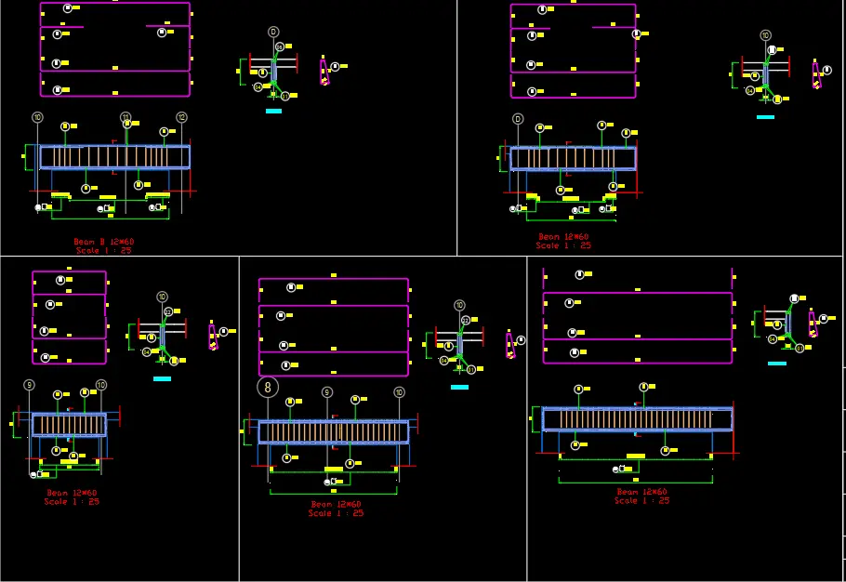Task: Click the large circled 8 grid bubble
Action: tap(269, 387)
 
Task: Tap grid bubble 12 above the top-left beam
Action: tap(181, 117)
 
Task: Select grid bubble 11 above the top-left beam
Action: tap(126, 117)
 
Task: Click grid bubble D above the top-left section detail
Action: tap(273, 32)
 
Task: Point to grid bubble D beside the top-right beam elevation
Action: tap(518, 119)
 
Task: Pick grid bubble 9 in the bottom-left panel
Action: tap(29, 385)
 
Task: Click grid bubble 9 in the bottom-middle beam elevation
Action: tap(326, 392)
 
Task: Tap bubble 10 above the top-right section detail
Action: tap(765, 35)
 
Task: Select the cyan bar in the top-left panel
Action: tap(273, 111)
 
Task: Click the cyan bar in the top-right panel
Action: tap(765, 117)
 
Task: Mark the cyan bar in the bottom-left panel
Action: tap(162, 378)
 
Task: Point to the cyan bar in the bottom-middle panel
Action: tap(459, 387)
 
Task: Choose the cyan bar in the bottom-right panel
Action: tap(777, 364)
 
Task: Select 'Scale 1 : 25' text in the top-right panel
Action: tap(563, 245)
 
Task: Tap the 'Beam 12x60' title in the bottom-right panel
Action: tap(641, 492)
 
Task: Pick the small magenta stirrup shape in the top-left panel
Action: tap(324, 72)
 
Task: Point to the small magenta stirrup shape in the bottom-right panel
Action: tap(815, 325)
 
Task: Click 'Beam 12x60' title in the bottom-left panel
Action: tap(72, 493)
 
